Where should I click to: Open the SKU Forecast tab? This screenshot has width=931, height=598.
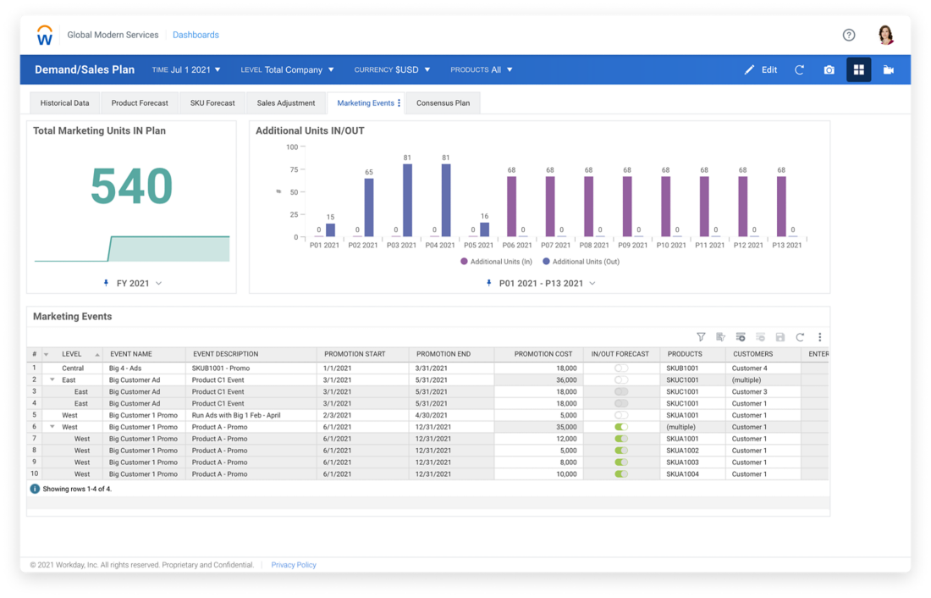click(212, 103)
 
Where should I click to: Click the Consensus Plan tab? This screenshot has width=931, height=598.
click(443, 103)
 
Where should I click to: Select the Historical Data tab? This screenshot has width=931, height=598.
click(64, 103)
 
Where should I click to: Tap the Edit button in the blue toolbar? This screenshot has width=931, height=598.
click(760, 69)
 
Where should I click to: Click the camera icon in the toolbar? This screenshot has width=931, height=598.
click(829, 69)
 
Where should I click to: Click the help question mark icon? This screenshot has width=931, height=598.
click(849, 35)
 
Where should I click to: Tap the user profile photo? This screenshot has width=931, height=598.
click(885, 35)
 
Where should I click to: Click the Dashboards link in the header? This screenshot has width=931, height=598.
click(196, 35)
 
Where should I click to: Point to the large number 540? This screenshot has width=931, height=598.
click(131, 186)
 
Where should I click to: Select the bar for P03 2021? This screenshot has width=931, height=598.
click(408, 200)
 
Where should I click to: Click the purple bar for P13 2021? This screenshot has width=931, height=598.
click(781, 206)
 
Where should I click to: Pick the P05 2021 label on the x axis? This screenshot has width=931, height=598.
click(478, 246)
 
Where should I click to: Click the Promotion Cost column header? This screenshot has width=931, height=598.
click(543, 354)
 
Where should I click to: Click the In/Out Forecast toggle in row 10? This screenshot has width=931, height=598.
click(621, 474)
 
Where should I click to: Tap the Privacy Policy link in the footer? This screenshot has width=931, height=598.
click(294, 565)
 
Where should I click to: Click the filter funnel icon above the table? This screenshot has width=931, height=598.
click(701, 337)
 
